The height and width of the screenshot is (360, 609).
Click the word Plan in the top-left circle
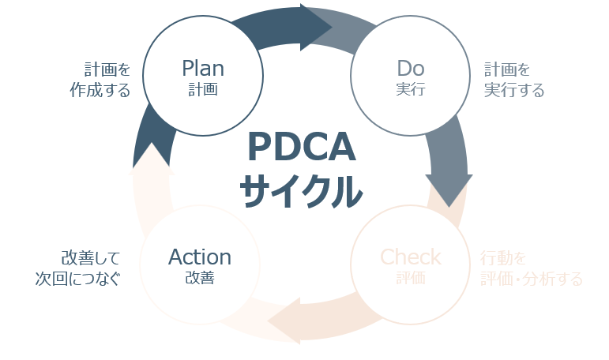pos(202,66)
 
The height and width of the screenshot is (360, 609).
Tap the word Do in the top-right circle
pos(411,66)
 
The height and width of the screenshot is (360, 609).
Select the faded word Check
pos(411,257)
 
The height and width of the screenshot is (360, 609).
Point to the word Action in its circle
pos(200,257)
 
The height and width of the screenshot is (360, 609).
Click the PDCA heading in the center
pos(302,147)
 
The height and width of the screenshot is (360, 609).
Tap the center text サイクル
pos(302,189)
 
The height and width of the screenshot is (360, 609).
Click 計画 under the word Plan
pos(202,89)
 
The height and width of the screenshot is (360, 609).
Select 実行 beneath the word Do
pos(411,89)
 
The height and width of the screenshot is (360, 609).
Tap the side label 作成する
pos(100,90)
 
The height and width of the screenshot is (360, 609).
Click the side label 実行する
pos(514,90)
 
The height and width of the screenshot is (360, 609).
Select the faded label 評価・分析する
pos(532,279)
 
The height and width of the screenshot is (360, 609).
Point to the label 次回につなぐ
pos(77,279)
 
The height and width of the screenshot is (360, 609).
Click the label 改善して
pos(90,257)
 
